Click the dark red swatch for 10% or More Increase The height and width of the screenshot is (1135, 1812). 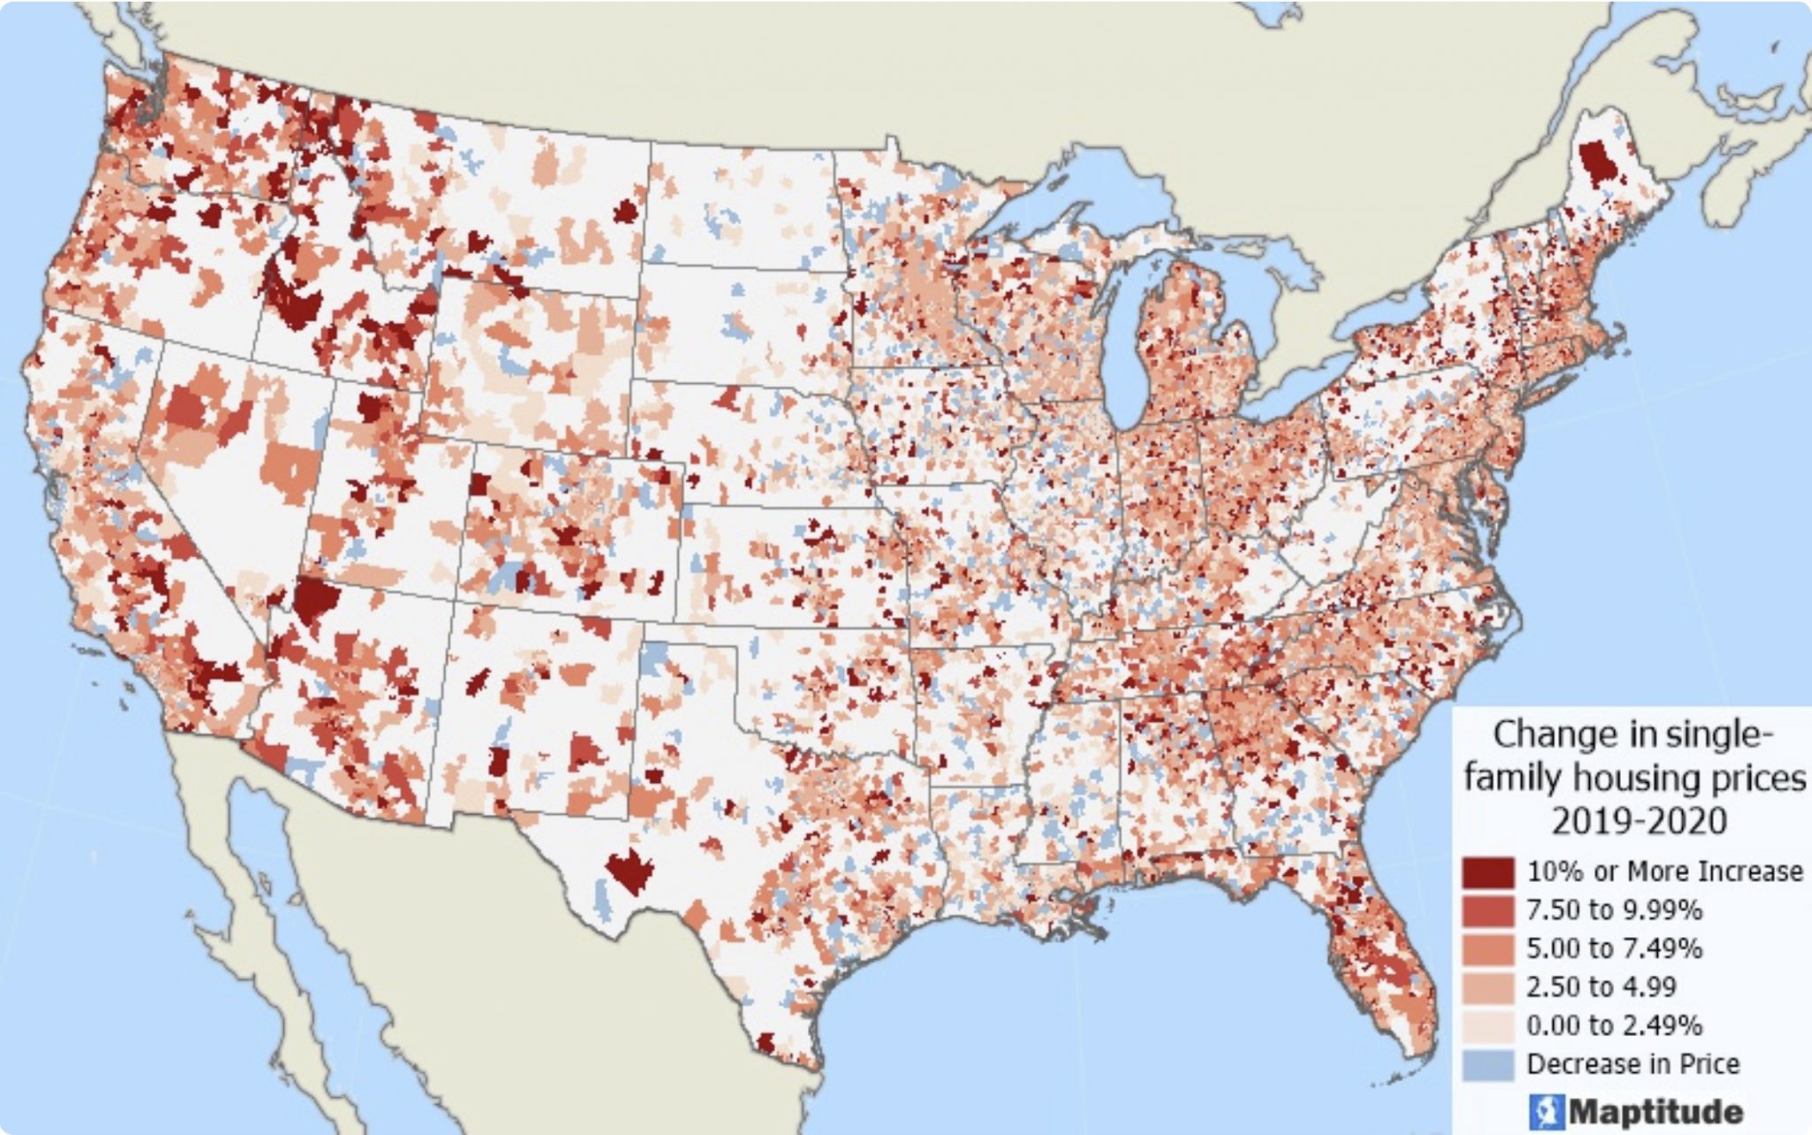point(1487,872)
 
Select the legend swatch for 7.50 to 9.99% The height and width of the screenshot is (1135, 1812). point(1487,910)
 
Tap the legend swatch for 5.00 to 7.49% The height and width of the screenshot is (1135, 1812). point(1487,948)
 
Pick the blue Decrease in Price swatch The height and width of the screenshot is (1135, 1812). point(1487,1064)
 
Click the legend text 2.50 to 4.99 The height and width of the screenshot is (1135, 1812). point(1601,986)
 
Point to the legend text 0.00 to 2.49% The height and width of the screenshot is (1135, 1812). point(1614,1025)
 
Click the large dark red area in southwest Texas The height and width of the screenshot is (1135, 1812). point(630,872)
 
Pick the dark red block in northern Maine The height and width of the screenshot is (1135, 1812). point(1595,164)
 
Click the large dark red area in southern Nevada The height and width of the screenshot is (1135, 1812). point(315,601)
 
